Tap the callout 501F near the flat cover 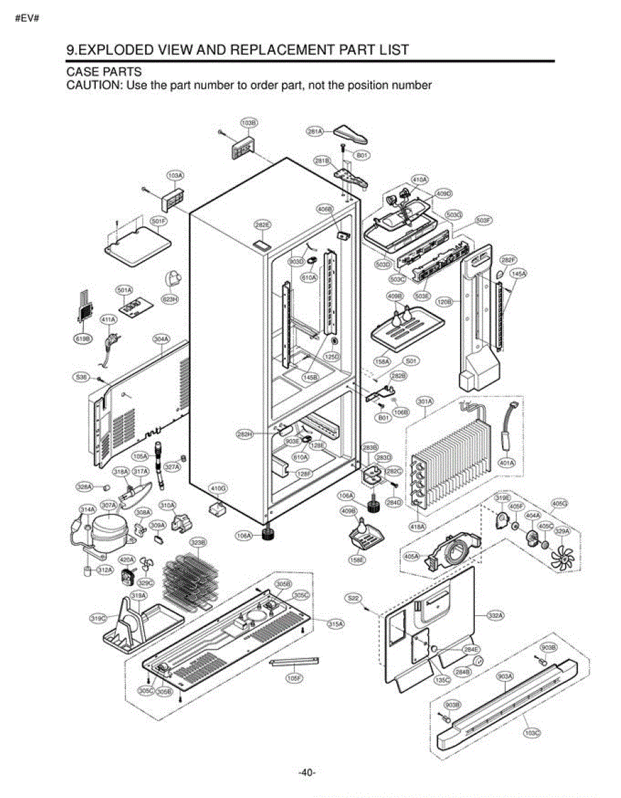[160, 221]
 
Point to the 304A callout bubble [161, 338]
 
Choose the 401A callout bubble [507, 463]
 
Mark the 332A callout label [495, 616]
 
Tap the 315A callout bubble [336, 623]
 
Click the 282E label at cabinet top [263, 225]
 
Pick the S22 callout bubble [354, 598]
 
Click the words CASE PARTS [104, 71]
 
